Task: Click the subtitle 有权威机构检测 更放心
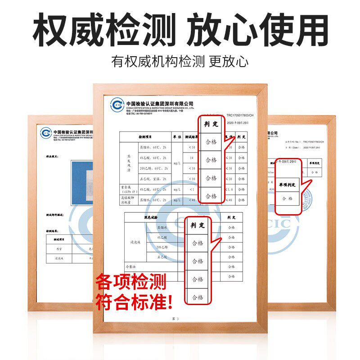[x=180, y=61]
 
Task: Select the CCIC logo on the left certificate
[x=45, y=133]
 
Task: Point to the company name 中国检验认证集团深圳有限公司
[x=159, y=103]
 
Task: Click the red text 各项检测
[x=130, y=283]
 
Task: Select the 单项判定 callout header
[x=287, y=185]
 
